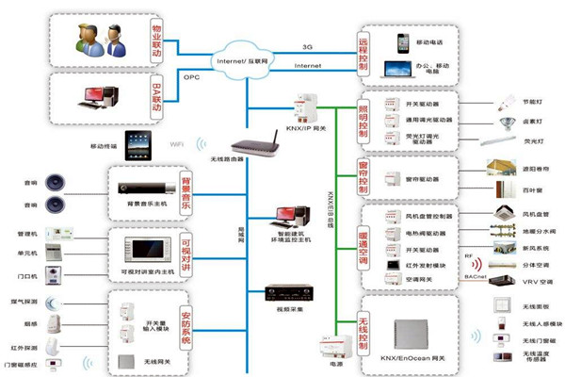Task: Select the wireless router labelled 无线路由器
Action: click(x=255, y=146)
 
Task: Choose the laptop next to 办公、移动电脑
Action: click(x=396, y=69)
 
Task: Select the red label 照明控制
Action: click(x=364, y=120)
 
